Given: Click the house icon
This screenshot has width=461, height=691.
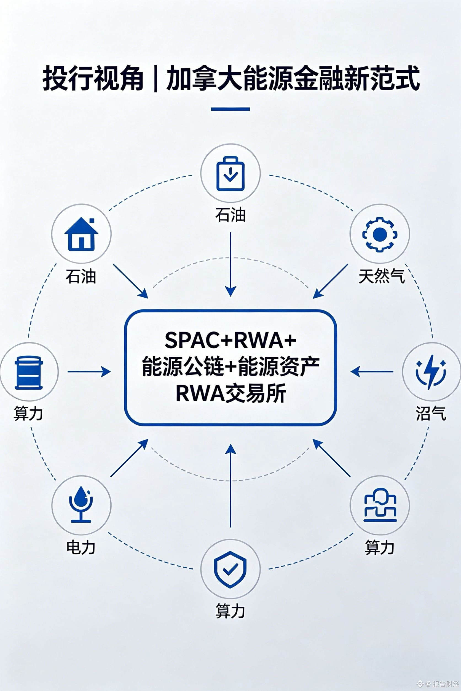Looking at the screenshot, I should pos(81,234).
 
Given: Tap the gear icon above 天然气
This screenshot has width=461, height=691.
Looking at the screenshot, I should pos(380,234).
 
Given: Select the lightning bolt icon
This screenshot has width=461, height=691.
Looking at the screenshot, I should pos(431,372).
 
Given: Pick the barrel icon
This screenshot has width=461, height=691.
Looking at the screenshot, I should pos(29,372).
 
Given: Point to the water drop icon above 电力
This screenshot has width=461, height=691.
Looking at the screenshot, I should pos(81,504).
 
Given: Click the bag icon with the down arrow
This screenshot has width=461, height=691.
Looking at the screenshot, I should pos(230,174).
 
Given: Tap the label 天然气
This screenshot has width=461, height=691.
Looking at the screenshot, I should pos(382,276).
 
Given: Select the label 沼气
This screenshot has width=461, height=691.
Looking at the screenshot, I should pos(431,414).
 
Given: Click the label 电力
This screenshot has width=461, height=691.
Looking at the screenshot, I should pos(81,547).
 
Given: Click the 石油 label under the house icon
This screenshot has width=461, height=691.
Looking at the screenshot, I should pos(81,276).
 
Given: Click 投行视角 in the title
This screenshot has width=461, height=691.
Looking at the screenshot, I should pos(93,79).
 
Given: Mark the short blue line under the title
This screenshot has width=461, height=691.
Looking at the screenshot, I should pos(230,109).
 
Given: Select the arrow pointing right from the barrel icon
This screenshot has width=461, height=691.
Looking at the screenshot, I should pos(89,372).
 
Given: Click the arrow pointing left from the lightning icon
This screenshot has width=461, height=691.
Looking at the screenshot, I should pos(372,372).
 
